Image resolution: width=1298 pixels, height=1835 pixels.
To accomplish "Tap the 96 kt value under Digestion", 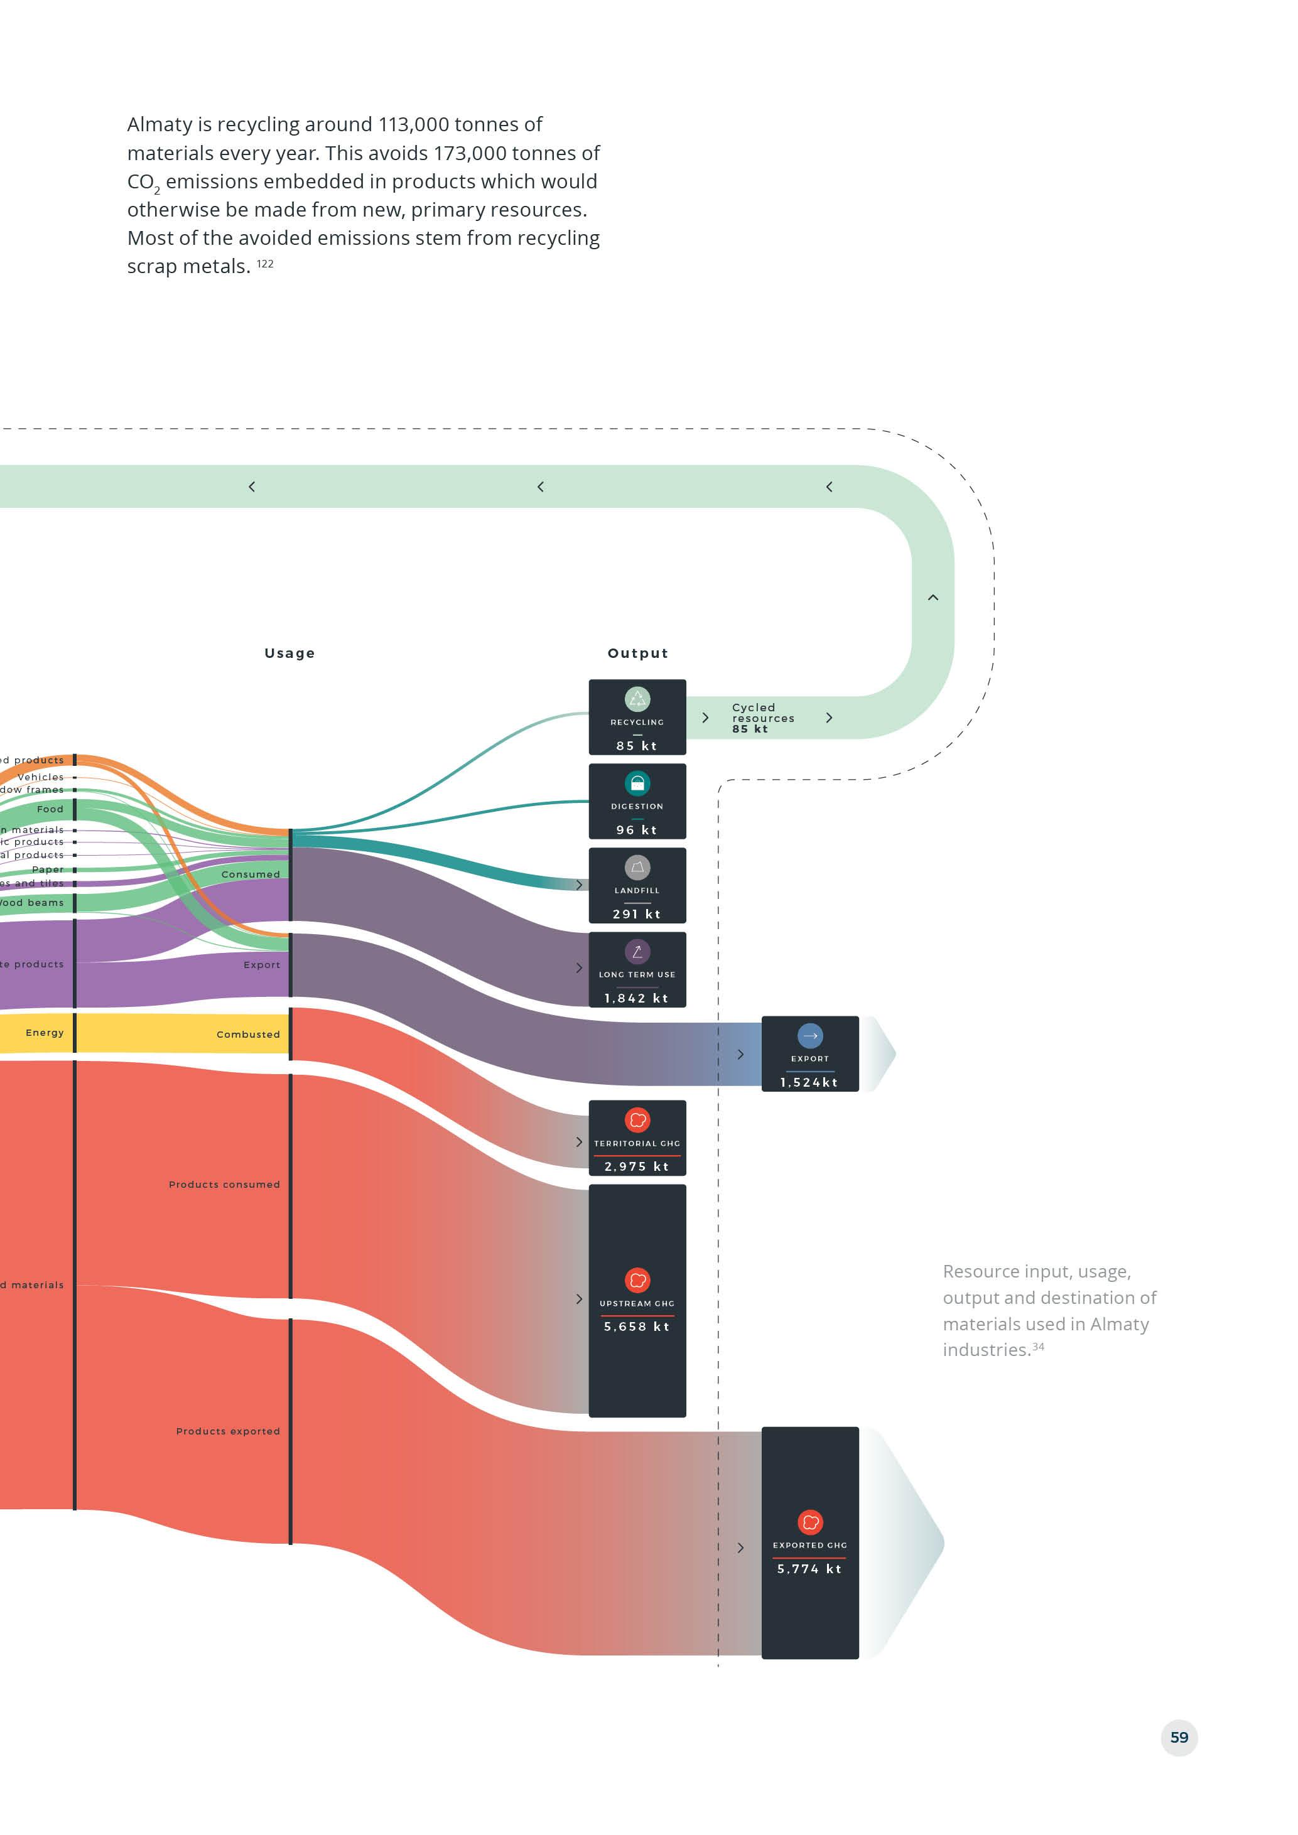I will point(637,829).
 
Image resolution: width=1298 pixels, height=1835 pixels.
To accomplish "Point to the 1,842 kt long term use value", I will point(636,998).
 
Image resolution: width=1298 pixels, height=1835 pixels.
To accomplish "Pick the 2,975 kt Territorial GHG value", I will point(636,1167).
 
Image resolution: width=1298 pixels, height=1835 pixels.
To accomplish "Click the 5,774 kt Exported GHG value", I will point(809,1569).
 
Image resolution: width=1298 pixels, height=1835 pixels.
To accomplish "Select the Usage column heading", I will point(289,653).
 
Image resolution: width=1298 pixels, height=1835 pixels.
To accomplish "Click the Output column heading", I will point(637,653).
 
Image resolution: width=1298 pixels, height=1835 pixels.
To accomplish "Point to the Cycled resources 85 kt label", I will point(762,718).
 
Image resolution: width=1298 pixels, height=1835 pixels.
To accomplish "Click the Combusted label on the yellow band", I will point(248,1034).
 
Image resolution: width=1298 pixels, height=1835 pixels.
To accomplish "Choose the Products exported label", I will point(228,1431).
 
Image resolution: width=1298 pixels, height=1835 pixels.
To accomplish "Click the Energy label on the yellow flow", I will point(45,1033).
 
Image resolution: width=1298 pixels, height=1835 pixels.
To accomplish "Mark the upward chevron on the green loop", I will point(933,597).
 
